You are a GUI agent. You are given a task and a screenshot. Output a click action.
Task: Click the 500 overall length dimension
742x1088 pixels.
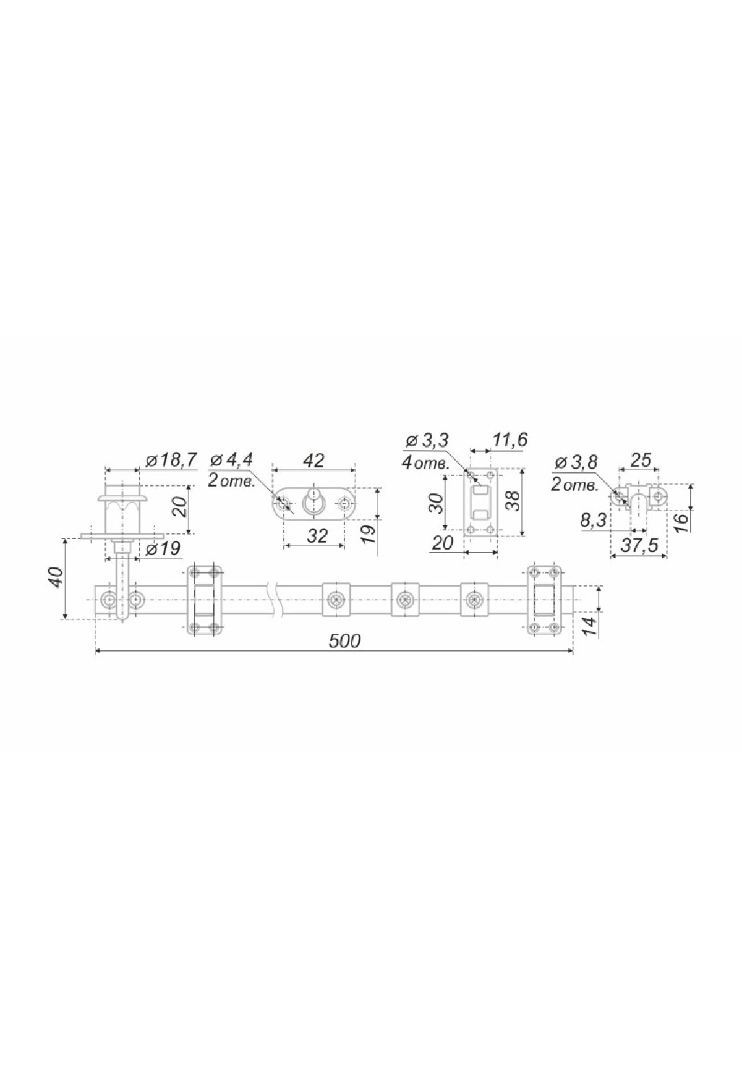pos(345,640)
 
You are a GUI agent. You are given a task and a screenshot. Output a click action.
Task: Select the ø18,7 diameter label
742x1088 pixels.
pos(170,459)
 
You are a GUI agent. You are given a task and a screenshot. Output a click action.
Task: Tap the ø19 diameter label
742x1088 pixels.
pos(165,548)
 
